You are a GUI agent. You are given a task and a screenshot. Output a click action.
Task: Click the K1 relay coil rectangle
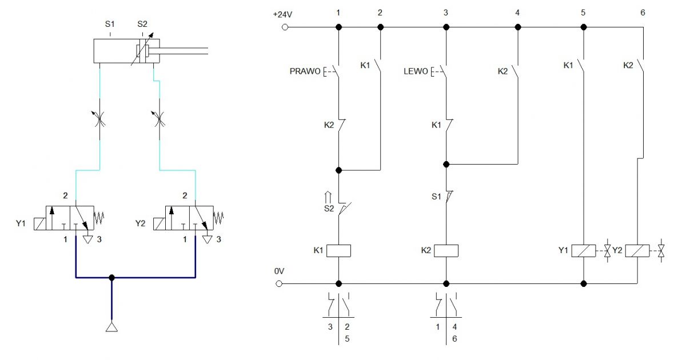pyautogui.click(x=338, y=251)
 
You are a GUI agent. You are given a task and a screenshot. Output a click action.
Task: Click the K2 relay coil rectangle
pyautogui.click(x=446, y=251)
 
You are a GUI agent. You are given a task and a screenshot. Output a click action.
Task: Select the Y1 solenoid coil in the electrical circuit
pyautogui.click(x=584, y=251)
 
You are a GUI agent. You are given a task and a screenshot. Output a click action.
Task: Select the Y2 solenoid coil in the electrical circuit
pyautogui.click(x=637, y=251)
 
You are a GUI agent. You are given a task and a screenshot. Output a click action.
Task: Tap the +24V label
pyautogui.click(x=282, y=14)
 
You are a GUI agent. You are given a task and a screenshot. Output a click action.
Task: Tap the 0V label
pyautogui.click(x=279, y=271)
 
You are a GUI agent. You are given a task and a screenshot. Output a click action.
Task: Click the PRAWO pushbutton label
pyautogui.click(x=305, y=71)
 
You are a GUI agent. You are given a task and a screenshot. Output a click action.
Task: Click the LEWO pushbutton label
pyautogui.click(x=416, y=71)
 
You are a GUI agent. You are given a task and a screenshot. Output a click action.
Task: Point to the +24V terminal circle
pyautogui.click(x=285, y=27)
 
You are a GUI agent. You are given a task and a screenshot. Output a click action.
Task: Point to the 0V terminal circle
pyautogui.click(x=279, y=284)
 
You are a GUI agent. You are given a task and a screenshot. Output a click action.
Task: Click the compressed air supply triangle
pyautogui.click(x=112, y=327)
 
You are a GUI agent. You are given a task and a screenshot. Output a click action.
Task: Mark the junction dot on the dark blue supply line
pyautogui.click(x=112, y=278)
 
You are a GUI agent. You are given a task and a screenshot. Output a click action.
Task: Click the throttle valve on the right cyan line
pyautogui.click(x=159, y=119)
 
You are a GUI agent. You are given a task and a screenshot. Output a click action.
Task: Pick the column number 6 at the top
pyautogui.click(x=643, y=13)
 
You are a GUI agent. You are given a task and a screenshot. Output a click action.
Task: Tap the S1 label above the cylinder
pyautogui.click(x=110, y=24)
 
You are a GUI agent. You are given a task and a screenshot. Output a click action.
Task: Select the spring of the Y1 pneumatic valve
pyautogui.click(x=99, y=218)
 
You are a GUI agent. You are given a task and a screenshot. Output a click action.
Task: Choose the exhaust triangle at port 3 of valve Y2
pyautogui.click(x=208, y=239)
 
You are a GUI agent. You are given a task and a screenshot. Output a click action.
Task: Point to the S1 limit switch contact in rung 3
pyautogui.click(x=448, y=197)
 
